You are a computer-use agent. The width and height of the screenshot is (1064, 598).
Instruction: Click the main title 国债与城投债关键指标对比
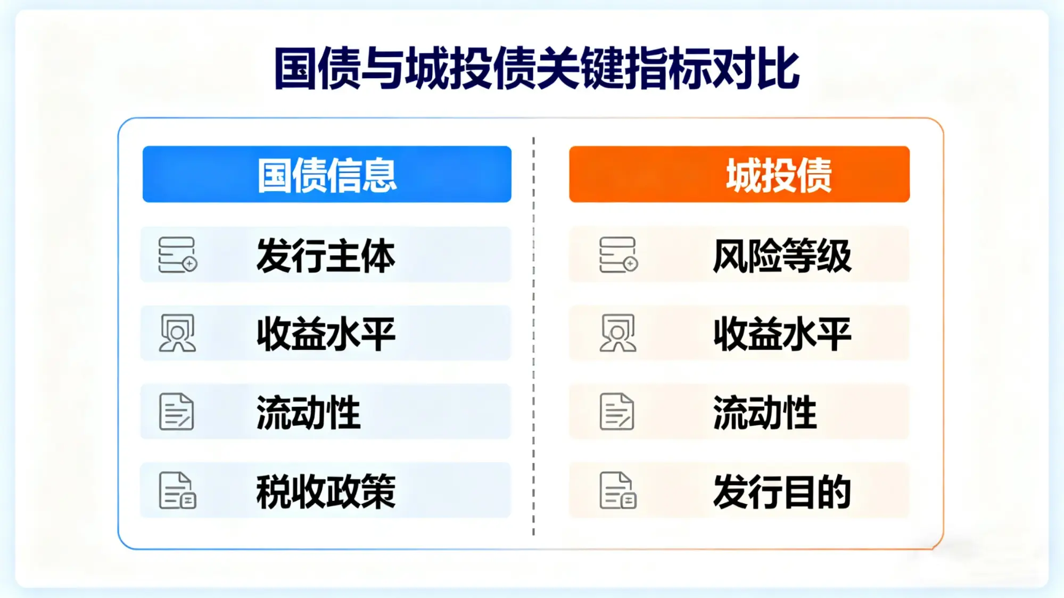[x=537, y=68]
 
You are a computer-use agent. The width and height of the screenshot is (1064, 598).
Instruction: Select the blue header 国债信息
[x=327, y=175]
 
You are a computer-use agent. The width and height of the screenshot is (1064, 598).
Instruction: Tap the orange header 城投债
[x=779, y=175]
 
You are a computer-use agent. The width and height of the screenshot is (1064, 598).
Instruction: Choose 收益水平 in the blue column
[x=326, y=334]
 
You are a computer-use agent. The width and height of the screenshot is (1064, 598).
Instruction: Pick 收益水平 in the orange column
[x=782, y=334]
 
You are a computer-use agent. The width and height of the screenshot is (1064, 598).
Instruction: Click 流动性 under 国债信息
[x=308, y=412]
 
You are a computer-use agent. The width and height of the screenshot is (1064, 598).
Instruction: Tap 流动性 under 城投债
[x=764, y=412]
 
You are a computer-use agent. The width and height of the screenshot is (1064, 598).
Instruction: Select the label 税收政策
[x=326, y=491]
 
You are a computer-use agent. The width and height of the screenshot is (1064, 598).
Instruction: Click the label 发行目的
[x=782, y=491]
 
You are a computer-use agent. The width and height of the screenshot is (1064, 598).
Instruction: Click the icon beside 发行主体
[x=177, y=255]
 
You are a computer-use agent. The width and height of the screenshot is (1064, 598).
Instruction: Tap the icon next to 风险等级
[x=618, y=255]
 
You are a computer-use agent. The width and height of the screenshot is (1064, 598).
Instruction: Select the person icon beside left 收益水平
[x=177, y=333]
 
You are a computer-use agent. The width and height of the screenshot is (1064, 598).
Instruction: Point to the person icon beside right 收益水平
[x=617, y=333]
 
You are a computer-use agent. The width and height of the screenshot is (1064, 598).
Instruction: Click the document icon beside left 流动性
[x=176, y=412]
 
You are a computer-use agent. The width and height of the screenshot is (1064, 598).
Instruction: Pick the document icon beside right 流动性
[x=616, y=412]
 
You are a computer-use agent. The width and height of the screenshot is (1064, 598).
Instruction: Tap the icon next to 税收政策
[x=177, y=490]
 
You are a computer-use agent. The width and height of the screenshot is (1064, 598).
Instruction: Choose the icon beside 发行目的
[x=617, y=490]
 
